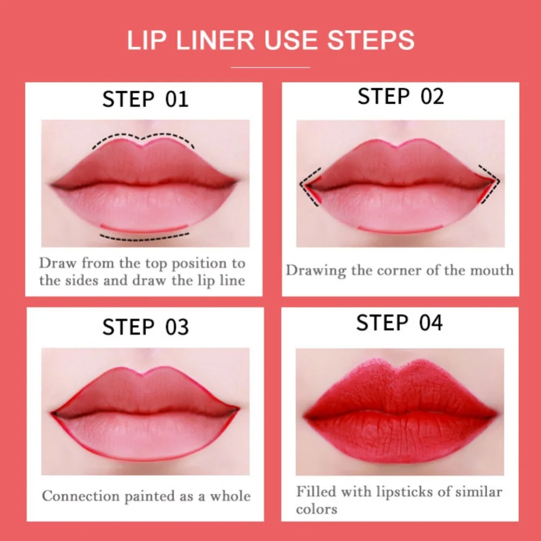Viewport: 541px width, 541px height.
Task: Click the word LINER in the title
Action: coord(216,40)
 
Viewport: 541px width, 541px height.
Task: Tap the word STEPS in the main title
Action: coord(371,40)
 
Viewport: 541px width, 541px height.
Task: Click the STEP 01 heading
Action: coord(145,100)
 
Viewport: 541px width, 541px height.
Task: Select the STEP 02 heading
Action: coord(400,96)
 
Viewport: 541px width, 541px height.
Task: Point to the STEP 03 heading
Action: coord(146,327)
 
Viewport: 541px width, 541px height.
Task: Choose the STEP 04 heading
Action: coord(399,323)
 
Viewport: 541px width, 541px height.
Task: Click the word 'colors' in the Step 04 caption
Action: coord(316,509)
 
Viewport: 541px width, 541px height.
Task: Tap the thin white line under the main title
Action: coord(270,67)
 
